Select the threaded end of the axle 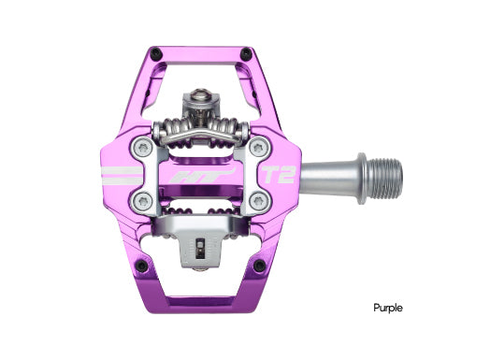pos(384,173)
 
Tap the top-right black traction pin pos(246,52)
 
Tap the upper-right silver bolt pos(256,147)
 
